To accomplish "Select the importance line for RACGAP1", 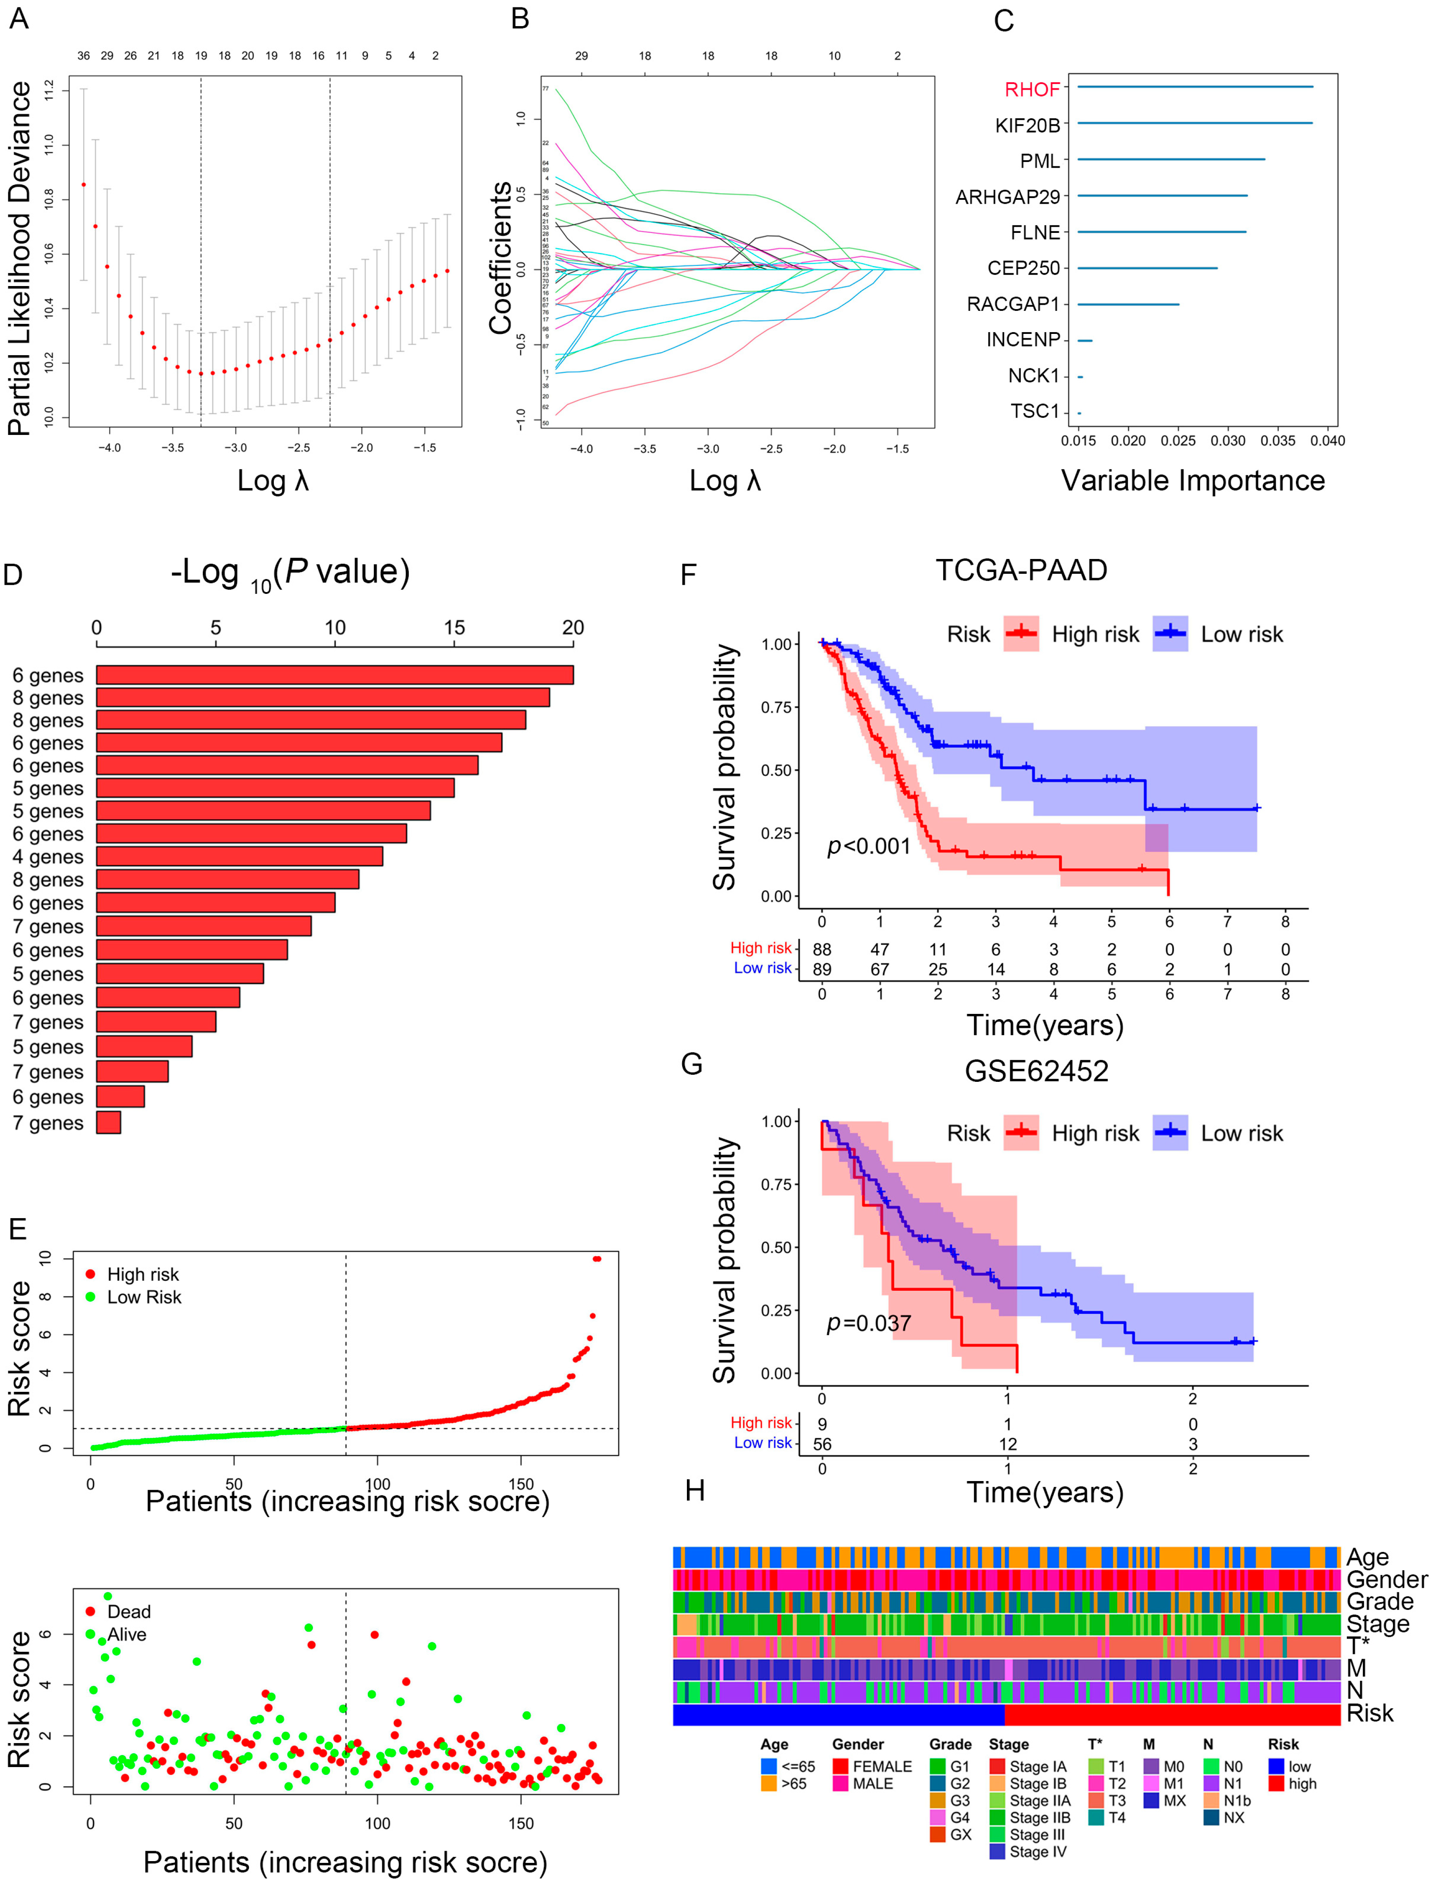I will click(1127, 304).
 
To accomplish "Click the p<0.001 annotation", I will click(868, 846).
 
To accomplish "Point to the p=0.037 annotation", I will click(868, 1323).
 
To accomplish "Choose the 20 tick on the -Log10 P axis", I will click(572, 628).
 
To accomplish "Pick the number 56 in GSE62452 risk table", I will click(821, 1444).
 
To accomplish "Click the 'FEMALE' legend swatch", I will click(840, 1766).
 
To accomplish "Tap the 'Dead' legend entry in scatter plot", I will click(128, 1612).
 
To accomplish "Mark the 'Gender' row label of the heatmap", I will click(1386, 1579).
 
